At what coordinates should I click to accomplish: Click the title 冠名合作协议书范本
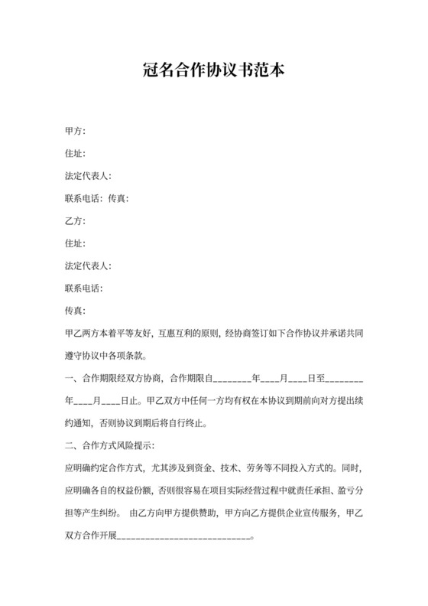(214, 72)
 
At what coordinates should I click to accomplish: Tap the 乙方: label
(76, 221)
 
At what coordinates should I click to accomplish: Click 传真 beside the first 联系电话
(118, 199)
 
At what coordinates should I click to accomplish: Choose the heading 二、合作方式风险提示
(110, 445)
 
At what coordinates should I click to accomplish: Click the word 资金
(209, 468)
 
